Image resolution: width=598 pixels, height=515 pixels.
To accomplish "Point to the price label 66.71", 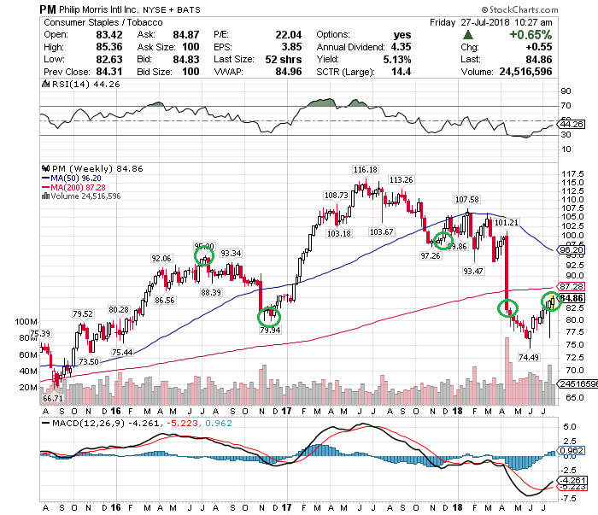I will click(53, 398).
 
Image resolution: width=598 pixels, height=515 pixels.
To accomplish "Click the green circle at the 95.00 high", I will click(203, 255).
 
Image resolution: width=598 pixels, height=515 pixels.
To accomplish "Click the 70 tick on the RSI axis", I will click(566, 106).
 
